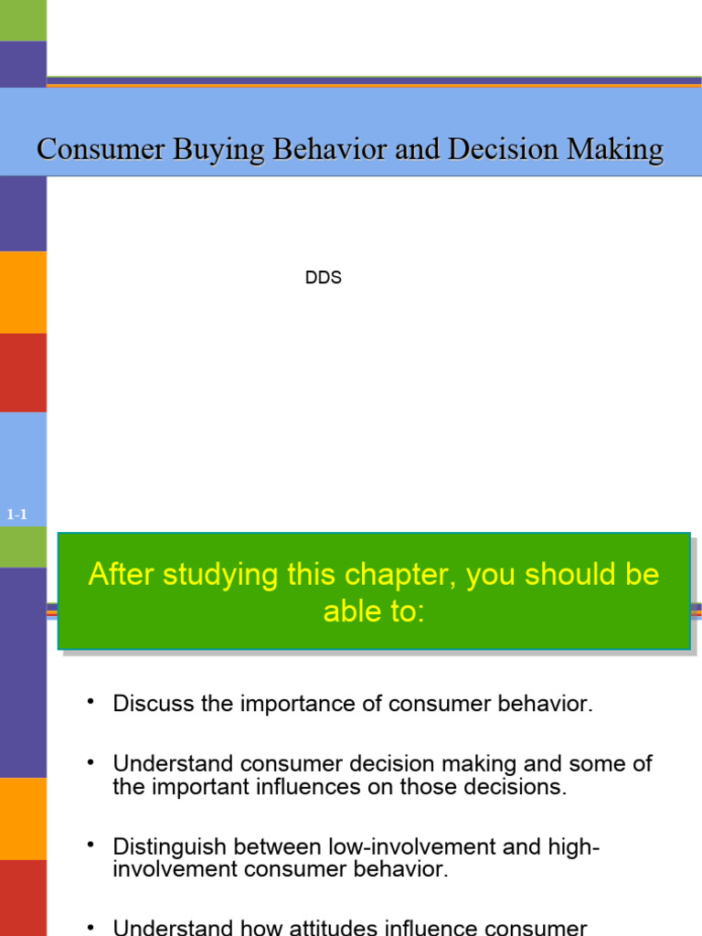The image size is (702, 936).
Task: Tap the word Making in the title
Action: point(612,148)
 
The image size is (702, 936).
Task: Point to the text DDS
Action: point(324,278)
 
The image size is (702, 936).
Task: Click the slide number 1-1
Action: point(16,515)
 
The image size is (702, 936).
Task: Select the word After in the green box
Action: point(118,575)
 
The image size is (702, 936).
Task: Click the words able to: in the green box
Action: point(374,612)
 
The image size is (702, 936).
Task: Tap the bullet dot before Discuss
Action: point(90,701)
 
